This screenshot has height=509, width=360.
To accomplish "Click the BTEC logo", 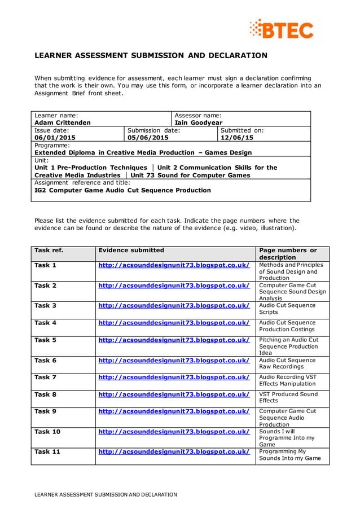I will [x=282, y=29].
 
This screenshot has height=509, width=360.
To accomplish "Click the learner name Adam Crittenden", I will [x=62, y=122].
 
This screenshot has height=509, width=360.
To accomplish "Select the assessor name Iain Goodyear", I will [x=199, y=122].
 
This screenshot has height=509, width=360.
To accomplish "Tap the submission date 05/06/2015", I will [x=148, y=137].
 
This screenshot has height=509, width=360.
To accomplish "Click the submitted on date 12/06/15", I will [x=237, y=137].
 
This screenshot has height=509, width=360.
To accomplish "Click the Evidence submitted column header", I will [x=131, y=250].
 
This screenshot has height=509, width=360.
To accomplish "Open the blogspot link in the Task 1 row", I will [x=174, y=265].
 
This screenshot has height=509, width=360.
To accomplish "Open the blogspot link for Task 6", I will [x=174, y=360].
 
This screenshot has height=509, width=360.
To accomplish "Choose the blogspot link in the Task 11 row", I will [x=174, y=451].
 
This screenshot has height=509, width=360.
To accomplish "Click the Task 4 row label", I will [x=46, y=323].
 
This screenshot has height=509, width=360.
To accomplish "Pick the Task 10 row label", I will [x=47, y=432].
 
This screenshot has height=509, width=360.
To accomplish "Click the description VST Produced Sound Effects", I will [x=288, y=397].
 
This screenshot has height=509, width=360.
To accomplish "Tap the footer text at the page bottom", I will [x=106, y=494].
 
